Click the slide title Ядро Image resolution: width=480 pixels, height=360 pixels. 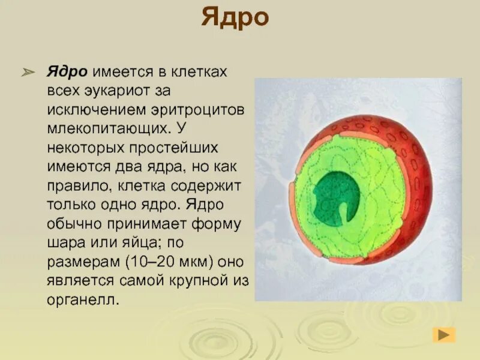tap(235, 18)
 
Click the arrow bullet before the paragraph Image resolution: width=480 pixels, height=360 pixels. tap(29, 73)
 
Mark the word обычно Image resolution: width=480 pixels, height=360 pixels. tap(74, 223)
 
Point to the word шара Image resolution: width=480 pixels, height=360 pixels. tap(63, 243)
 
